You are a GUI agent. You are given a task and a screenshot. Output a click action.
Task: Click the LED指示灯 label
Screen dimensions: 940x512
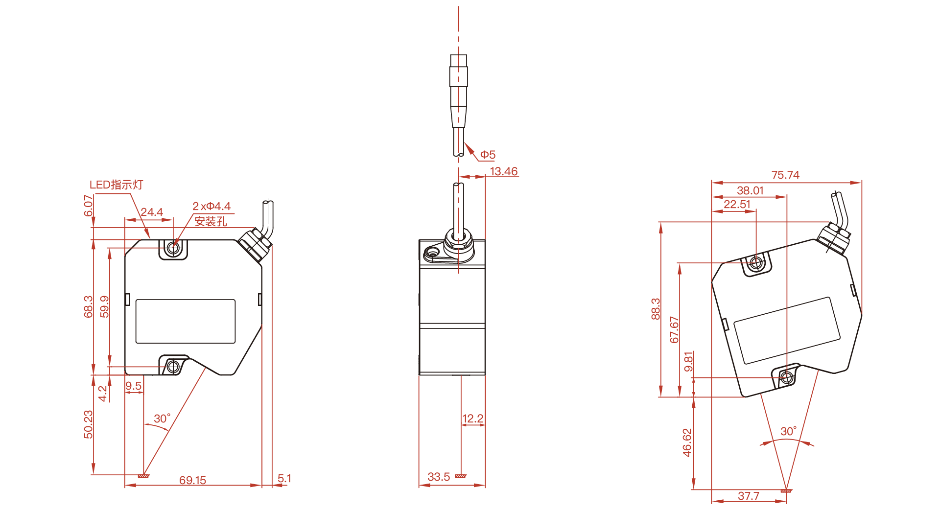pyautogui.click(x=116, y=185)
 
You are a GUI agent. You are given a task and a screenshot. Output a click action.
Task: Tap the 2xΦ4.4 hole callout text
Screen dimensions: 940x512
pyautogui.click(x=211, y=207)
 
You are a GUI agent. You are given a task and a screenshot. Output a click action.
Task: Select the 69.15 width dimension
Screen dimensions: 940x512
pyautogui.click(x=192, y=480)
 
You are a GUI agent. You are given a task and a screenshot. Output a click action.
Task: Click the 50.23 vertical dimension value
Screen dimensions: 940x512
pyautogui.click(x=88, y=424)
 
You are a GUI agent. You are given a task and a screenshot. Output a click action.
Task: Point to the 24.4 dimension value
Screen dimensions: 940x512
pyautogui.click(x=152, y=212)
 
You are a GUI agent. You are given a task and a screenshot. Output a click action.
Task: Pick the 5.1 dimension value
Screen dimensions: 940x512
pyautogui.click(x=284, y=478)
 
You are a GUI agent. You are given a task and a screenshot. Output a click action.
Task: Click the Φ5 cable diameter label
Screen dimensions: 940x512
pyautogui.click(x=488, y=155)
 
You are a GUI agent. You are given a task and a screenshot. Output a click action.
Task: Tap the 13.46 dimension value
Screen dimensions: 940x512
pyautogui.click(x=504, y=171)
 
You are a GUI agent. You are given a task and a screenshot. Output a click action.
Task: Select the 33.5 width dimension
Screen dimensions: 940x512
pyautogui.click(x=439, y=477)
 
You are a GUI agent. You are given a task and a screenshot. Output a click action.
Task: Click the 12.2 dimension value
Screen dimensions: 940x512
pyautogui.click(x=473, y=419)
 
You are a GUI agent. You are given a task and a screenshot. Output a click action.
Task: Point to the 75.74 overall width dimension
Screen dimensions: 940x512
pyautogui.click(x=785, y=175)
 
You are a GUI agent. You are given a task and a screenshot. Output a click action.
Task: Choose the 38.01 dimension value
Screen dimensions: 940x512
pyautogui.click(x=750, y=190)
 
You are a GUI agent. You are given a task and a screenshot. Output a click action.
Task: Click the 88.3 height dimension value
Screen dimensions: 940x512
pyautogui.click(x=656, y=309)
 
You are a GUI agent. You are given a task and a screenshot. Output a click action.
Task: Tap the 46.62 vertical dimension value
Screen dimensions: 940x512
pyautogui.click(x=687, y=443)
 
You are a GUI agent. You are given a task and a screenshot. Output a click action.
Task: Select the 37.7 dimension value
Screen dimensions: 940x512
pyautogui.click(x=749, y=496)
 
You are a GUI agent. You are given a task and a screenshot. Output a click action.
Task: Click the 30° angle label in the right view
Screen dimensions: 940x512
pyautogui.click(x=788, y=431)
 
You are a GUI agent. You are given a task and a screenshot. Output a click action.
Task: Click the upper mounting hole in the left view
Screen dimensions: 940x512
pyautogui.click(x=173, y=248)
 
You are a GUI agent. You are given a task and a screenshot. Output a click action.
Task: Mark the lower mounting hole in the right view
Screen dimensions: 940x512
pyautogui.click(x=786, y=377)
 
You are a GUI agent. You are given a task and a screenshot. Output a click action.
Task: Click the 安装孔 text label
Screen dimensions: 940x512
pyautogui.click(x=211, y=221)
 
